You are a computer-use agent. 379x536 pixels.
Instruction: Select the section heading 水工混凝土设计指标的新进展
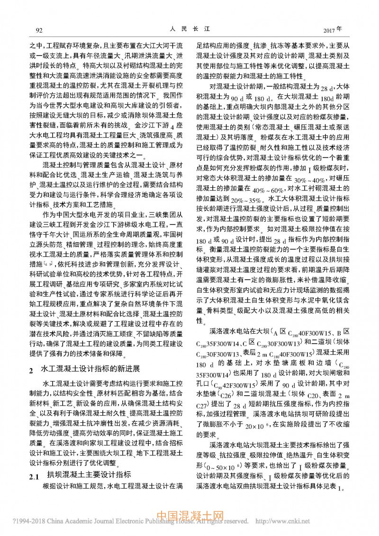tap(90, 369)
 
